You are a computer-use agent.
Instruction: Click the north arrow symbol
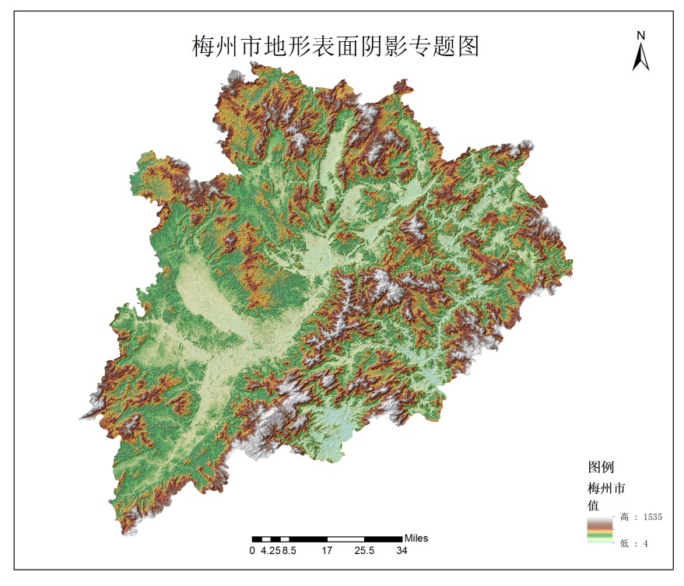click(x=640, y=57)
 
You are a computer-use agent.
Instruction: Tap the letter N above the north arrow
click(x=641, y=35)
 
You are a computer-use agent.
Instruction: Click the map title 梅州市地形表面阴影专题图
click(x=335, y=46)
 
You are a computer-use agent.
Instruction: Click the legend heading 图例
click(x=601, y=468)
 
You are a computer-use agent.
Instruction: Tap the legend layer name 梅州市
click(x=606, y=489)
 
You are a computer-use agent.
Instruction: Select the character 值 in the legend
click(x=593, y=504)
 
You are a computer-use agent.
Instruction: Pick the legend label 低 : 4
click(x=634, y=544)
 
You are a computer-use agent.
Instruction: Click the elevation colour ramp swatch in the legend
click(x=599, y=530)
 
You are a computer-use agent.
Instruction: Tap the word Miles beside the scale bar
click(x=416, y=538)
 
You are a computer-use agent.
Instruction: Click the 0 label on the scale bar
click(x=252, y=551)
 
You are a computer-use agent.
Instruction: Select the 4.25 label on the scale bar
click(x=269, y=551)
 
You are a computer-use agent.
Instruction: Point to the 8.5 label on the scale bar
click(x=289, y=551)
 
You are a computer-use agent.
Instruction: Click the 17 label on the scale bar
click(x=327, y=551)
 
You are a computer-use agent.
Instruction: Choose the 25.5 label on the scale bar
click(x=364, y=551)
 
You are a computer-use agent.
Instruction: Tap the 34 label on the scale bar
click(x=402, y=551)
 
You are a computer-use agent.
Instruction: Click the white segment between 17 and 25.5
click(x=346, y=539)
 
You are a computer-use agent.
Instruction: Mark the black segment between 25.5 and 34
click(x=383, y=539)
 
